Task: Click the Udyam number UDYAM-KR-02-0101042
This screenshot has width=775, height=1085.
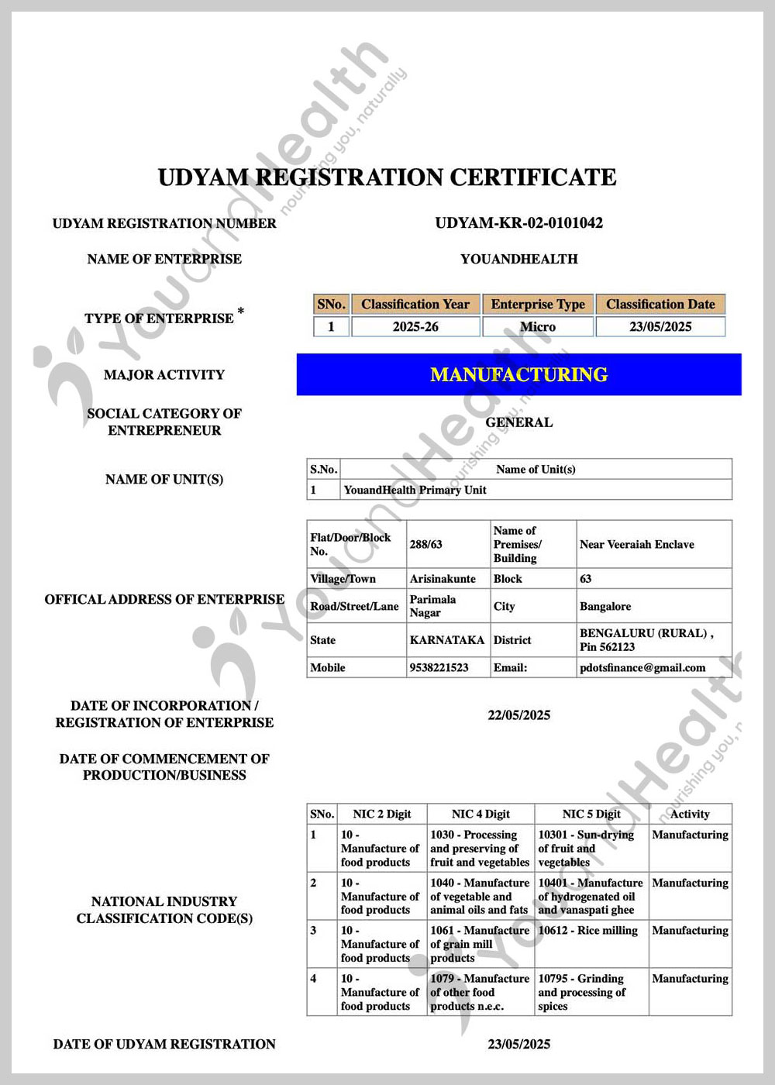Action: [x=518, y=223]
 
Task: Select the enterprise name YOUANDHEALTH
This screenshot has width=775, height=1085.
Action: [x=518, y=259]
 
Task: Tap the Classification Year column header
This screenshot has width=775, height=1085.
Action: [x=415, y=304]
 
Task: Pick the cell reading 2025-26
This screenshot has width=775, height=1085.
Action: [x=415, y=327]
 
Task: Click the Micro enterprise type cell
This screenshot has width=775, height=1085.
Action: [x=538, y=327]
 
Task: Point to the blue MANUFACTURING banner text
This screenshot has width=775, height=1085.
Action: [x=518, y=375]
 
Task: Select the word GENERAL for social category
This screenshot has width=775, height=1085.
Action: [x=518, y=422]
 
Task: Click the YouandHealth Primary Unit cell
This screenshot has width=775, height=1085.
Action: [x=415, y=490]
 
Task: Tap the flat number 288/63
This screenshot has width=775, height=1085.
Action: [x=426, y=544]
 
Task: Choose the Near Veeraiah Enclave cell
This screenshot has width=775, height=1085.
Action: [x=637, y=544]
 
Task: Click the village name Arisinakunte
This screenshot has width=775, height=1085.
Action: [x=443, y=579]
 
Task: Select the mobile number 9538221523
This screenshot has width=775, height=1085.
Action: [x=439, y=667]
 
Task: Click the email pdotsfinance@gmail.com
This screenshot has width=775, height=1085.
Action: [x=642, y=667]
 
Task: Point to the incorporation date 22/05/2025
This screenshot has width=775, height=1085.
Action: [x=518, y=715]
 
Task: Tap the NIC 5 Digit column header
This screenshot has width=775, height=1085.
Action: [x=591, y=814]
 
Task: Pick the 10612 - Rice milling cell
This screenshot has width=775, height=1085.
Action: [x=588, y=930]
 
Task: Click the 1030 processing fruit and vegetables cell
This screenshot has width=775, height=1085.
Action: [x=480, y=848]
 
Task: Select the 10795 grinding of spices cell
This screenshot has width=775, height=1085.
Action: [x=582, y=992]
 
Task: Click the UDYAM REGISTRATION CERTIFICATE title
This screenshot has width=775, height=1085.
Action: [x=387, y=177]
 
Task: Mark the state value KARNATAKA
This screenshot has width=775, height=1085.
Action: [x=447, y=640]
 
